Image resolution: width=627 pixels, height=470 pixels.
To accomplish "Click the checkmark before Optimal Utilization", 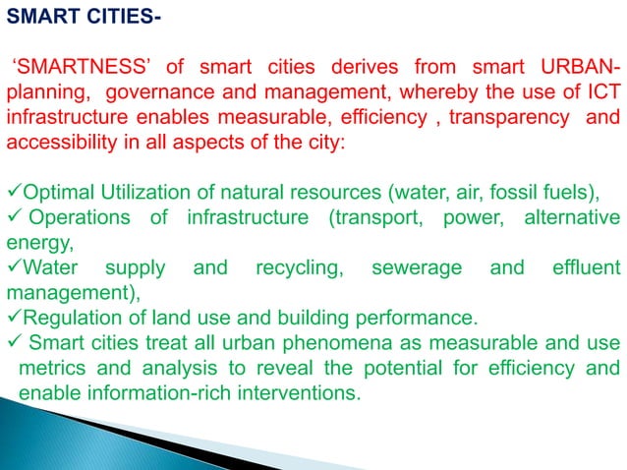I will point(13,189).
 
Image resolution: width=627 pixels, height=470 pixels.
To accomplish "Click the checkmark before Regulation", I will point(13,317).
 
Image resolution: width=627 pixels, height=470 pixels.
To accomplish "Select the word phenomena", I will point(315,343).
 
